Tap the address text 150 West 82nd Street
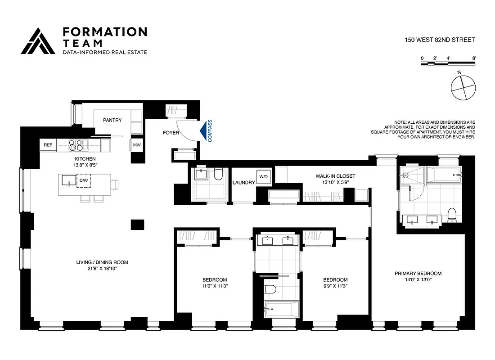pyautogui.click(x=440, y=40)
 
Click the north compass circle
pyautogui.click(x=463, y=87)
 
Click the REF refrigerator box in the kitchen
pyautogui.click(x=48, y=145)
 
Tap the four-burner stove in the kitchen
pyautogui.click(x=77, y=145)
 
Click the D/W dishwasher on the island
pyautogui.click(x=84, y=181)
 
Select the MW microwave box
pyautogui.click(x=136, y=145)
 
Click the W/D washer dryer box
pyautogui.click(x=263, y=176)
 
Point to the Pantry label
pyautogui.click(x=112, y=120)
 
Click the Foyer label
pyautogui.click(x=171, y=133)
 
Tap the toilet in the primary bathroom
pyautogui.click(x=452, y=215)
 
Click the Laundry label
pyautogui.click(x=243, y=183)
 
